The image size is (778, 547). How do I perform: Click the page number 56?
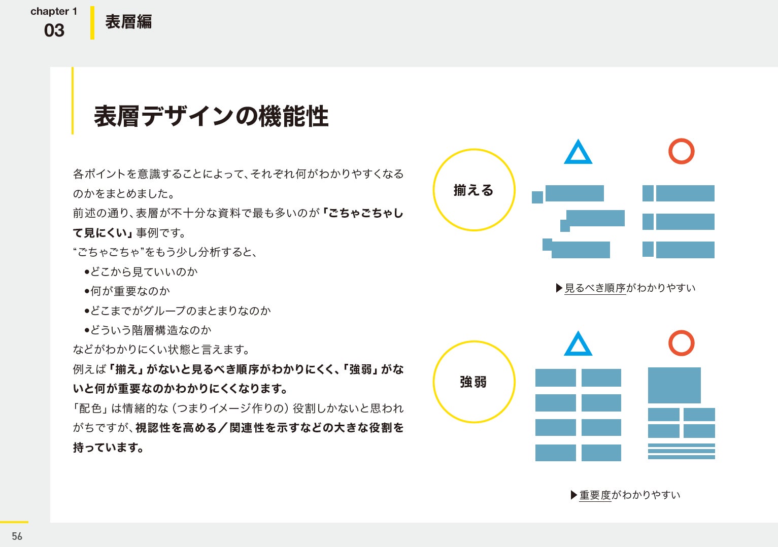17,536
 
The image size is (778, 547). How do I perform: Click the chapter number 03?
54,30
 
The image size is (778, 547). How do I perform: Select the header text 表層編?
128,22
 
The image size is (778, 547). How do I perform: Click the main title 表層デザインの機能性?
211,116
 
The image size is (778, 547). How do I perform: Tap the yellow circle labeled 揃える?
474,190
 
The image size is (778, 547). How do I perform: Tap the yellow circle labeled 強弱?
474,382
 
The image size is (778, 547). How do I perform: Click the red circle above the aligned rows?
681,151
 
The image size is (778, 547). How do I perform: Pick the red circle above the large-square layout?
681,343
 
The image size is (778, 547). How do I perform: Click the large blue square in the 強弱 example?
674,385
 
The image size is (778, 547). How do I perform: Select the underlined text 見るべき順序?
595,288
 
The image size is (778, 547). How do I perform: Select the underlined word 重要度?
595,495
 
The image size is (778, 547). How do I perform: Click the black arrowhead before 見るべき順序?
559,288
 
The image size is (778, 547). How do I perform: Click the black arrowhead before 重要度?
574,495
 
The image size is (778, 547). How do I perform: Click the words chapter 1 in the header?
54,11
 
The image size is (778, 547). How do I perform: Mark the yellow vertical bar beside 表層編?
92,23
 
